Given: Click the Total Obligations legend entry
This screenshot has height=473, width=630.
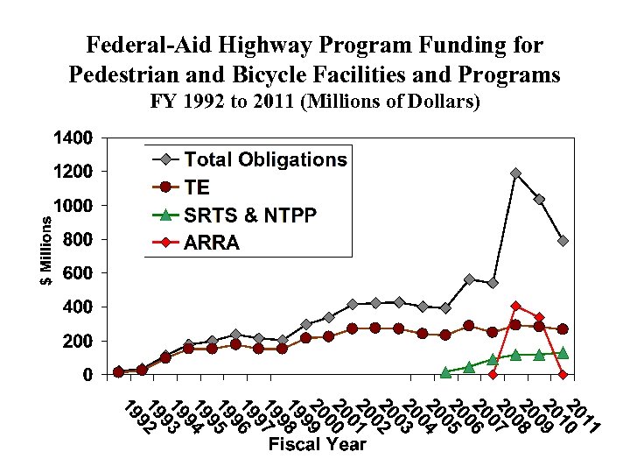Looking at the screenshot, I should [265, 159].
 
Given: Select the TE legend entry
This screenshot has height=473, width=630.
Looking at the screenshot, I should [198, 187].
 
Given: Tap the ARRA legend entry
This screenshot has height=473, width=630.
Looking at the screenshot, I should [212, 243].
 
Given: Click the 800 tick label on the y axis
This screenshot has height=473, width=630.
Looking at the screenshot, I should [78, 239].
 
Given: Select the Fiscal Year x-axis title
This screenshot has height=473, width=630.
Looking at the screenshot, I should [318, 444].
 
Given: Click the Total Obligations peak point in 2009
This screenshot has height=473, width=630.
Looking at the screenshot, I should [515, 173].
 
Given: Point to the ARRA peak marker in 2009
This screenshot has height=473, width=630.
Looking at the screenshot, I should [515, 306].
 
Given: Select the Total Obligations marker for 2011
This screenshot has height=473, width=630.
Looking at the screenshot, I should [563, 241].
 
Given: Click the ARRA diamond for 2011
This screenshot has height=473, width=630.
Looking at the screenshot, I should [563, 374].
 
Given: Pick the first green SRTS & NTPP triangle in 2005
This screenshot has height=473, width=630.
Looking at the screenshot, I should [445, 372].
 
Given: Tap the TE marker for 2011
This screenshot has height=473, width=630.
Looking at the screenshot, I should [563, 328].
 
